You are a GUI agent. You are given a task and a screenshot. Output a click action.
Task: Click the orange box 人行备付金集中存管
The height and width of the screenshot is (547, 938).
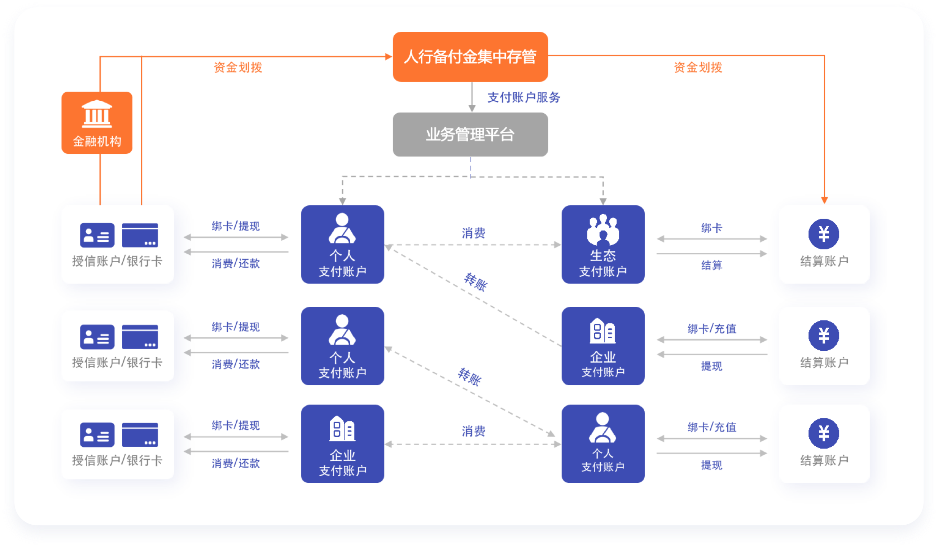tap(470, 57)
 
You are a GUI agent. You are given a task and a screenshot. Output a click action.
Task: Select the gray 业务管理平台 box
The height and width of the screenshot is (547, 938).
tap(470, 135)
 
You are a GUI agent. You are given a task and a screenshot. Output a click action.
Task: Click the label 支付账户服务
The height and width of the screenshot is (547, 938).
tap(524, 97)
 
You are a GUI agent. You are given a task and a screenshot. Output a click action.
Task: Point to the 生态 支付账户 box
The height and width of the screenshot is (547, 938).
tap(602, 244)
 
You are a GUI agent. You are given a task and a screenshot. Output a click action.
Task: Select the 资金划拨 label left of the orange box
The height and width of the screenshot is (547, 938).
tap(238, 67)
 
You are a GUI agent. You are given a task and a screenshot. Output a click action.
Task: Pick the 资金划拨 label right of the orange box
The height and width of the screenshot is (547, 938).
tap(698, 67)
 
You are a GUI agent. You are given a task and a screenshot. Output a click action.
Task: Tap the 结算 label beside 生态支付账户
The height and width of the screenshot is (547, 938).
tap(711, 265)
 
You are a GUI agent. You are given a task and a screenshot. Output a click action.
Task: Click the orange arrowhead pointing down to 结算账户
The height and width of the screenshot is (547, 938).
tap(824, 200)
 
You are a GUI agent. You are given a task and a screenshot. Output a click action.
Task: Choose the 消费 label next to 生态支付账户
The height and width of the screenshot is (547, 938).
tap(473, 233)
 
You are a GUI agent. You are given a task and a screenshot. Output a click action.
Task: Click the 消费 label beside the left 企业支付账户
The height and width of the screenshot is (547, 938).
tap(473, 431)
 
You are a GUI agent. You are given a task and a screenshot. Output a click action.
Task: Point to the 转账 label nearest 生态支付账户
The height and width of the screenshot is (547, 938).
tap(476, 282)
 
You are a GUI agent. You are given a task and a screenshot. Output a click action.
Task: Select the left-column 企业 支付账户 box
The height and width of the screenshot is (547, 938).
tap(342, 443)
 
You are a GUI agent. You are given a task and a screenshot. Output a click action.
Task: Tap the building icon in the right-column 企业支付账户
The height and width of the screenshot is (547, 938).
tap(602, 331)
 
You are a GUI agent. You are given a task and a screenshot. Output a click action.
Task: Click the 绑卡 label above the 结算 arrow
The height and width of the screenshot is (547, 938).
tap(711, 228)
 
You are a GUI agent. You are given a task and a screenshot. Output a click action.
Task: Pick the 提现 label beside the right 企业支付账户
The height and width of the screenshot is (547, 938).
tap(711, 366)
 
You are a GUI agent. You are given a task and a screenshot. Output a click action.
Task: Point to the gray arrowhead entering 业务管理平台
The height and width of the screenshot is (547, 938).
tap(472, 108)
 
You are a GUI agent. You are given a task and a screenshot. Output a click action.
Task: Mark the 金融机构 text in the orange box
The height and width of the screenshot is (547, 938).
tap(97, 141)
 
